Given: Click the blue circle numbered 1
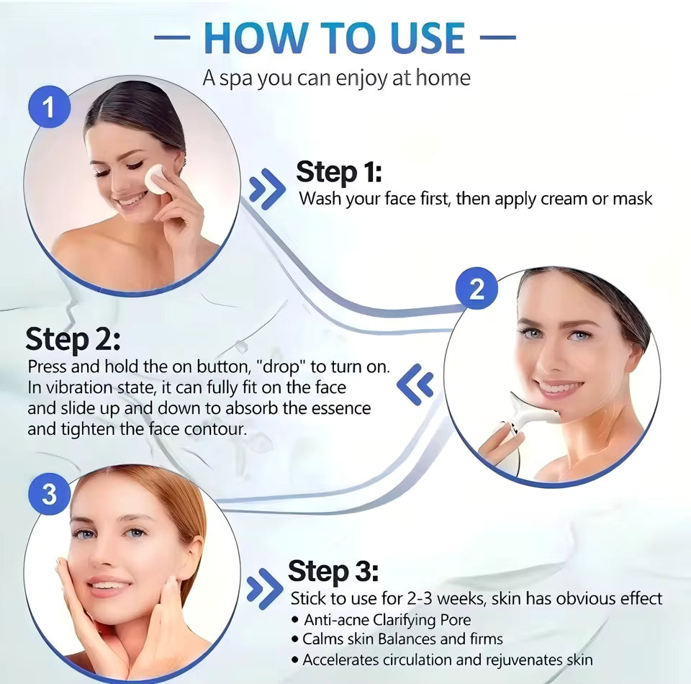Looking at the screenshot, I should pos(48,109).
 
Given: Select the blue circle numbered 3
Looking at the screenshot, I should pos(49,494).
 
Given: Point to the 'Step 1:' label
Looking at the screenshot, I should pos(338,173).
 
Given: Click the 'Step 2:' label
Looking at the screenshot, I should pos(73,338).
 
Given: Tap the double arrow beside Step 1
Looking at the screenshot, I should pos(266,189).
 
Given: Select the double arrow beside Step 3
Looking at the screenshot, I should pos(263,588).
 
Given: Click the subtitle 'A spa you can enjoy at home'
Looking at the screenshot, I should pos(336,77).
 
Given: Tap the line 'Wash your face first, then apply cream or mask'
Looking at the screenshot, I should pos(475,199).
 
